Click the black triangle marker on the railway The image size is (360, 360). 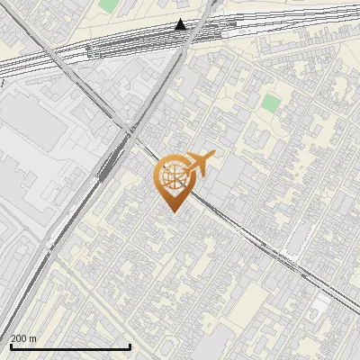(x=181, y=24)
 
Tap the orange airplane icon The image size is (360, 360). (x=200, y=163)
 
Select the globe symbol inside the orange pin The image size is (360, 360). (x=172, y=175)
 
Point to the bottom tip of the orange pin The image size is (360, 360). (x=172, y=211)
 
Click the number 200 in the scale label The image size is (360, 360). (x=20, y=339)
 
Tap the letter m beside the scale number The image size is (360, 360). (x=33, y=339)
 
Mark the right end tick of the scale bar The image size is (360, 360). (x=130, y=346)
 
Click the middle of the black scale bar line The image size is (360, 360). (x=69, y=347)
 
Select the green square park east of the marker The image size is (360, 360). (x=271, y=103)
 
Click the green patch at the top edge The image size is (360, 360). (x=109, y=4)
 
